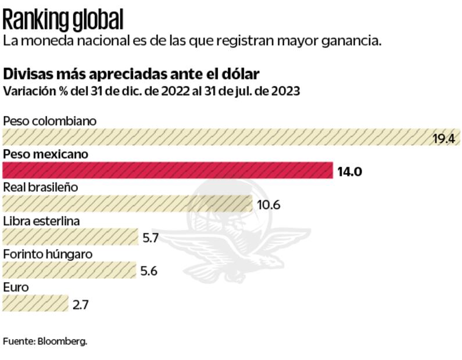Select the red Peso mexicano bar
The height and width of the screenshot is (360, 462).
[167, 171]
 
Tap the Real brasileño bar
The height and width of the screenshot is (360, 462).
[127, 204]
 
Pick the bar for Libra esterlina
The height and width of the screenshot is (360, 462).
[70, 237]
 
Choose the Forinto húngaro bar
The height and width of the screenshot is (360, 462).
[69, 270]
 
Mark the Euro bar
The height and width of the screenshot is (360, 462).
[35, 303]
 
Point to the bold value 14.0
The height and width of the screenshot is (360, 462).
[350, 171]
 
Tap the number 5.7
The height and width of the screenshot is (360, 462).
[151, 237]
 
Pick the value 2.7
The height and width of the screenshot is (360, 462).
[81, 304]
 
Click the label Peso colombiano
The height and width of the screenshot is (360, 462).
[49, 121]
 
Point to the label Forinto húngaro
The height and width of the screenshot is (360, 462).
[48, 254]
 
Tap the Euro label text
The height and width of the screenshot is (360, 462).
[16, 287]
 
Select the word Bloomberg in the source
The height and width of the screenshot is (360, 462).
[62, 341]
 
